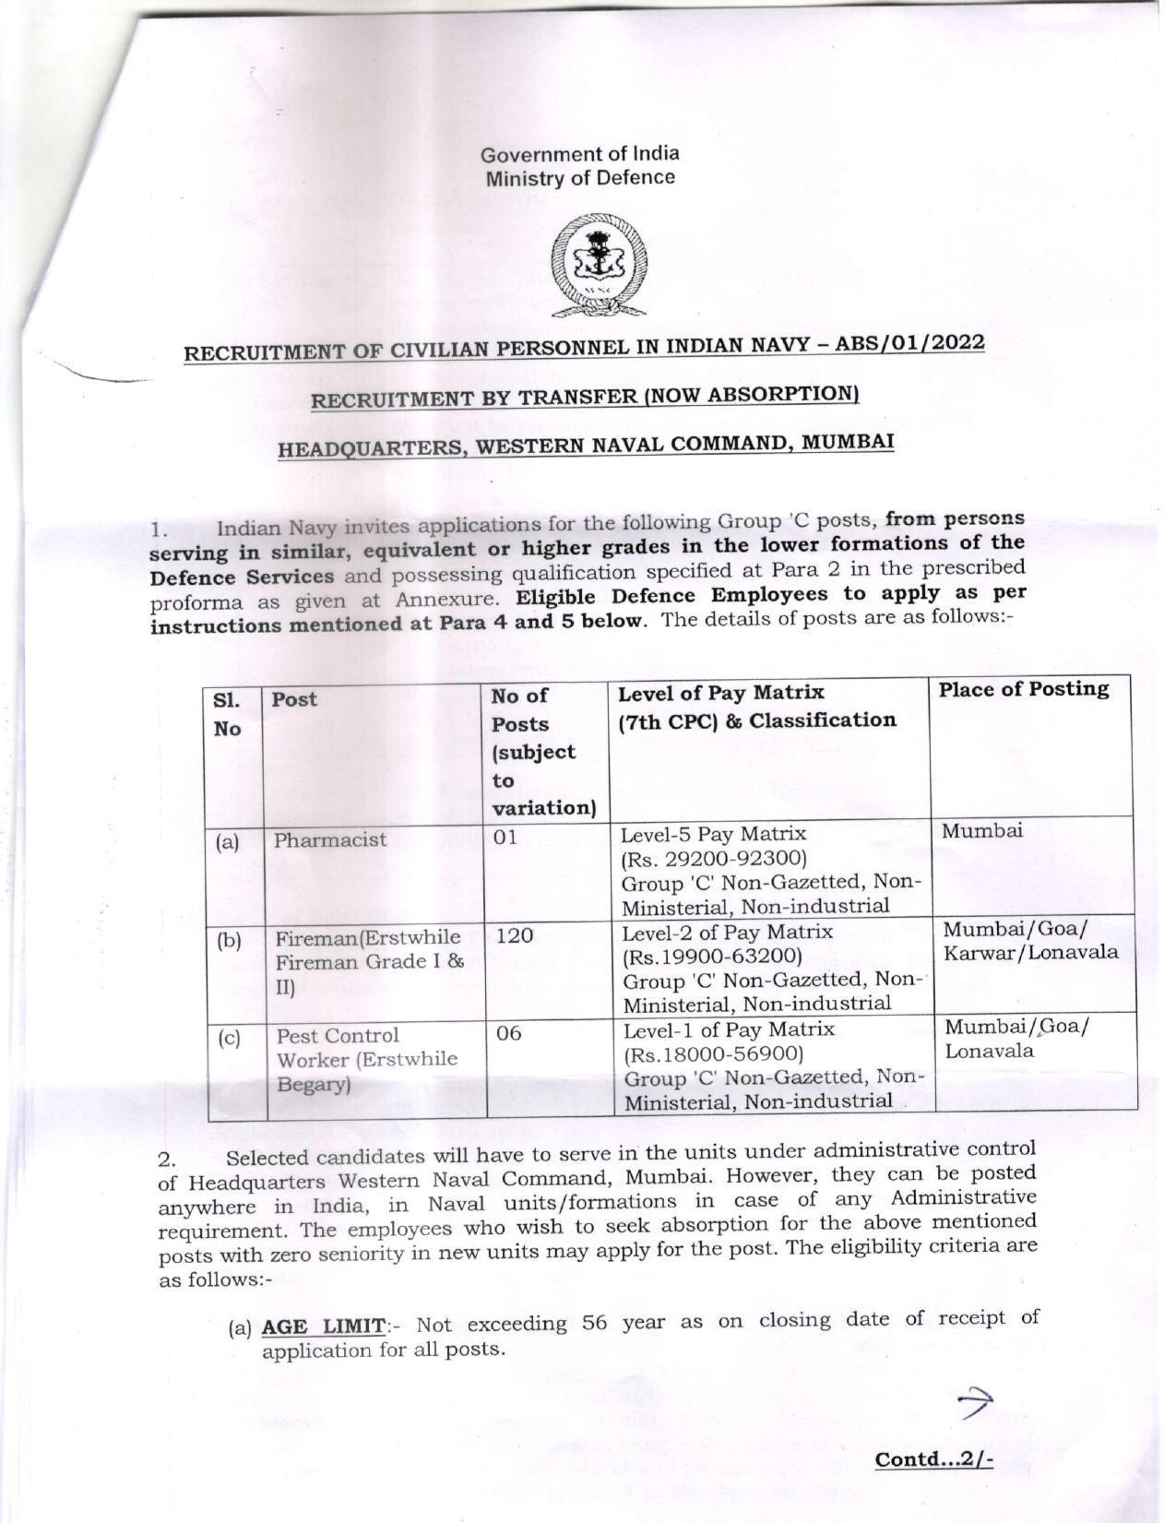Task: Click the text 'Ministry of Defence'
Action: click(x=580, y=178)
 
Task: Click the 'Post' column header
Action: click(x=294, y=699)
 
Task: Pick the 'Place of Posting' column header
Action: click(x=1024, y=689)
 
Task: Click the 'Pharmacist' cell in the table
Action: click(x=330, y=840)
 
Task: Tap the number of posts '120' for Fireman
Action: click(x=515, y=935)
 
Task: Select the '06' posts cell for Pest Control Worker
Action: click(x=508, y=1033)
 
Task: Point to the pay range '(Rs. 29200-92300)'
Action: click(x=714, y=860)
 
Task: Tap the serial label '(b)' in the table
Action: click(x=229, y=940)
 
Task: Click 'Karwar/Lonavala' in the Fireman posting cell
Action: click(x=1030, y=952)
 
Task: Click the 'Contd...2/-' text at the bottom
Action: click(x=933, y=1459)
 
